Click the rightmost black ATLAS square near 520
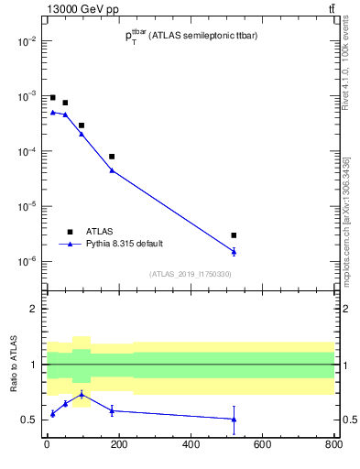[x=234, y=235]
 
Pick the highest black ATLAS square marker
[x=52, y=97]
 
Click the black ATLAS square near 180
[x=112, y=157]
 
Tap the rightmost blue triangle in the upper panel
[x=234, y=251]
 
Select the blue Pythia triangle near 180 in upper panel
[x=112, y=170]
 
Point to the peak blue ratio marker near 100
[x=82, y=394]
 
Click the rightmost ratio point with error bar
[x=234, y=419]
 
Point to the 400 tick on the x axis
[x=191, y=446]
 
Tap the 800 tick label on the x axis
[x=333, y=446]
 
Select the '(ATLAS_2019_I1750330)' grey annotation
[x=191, y=274]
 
